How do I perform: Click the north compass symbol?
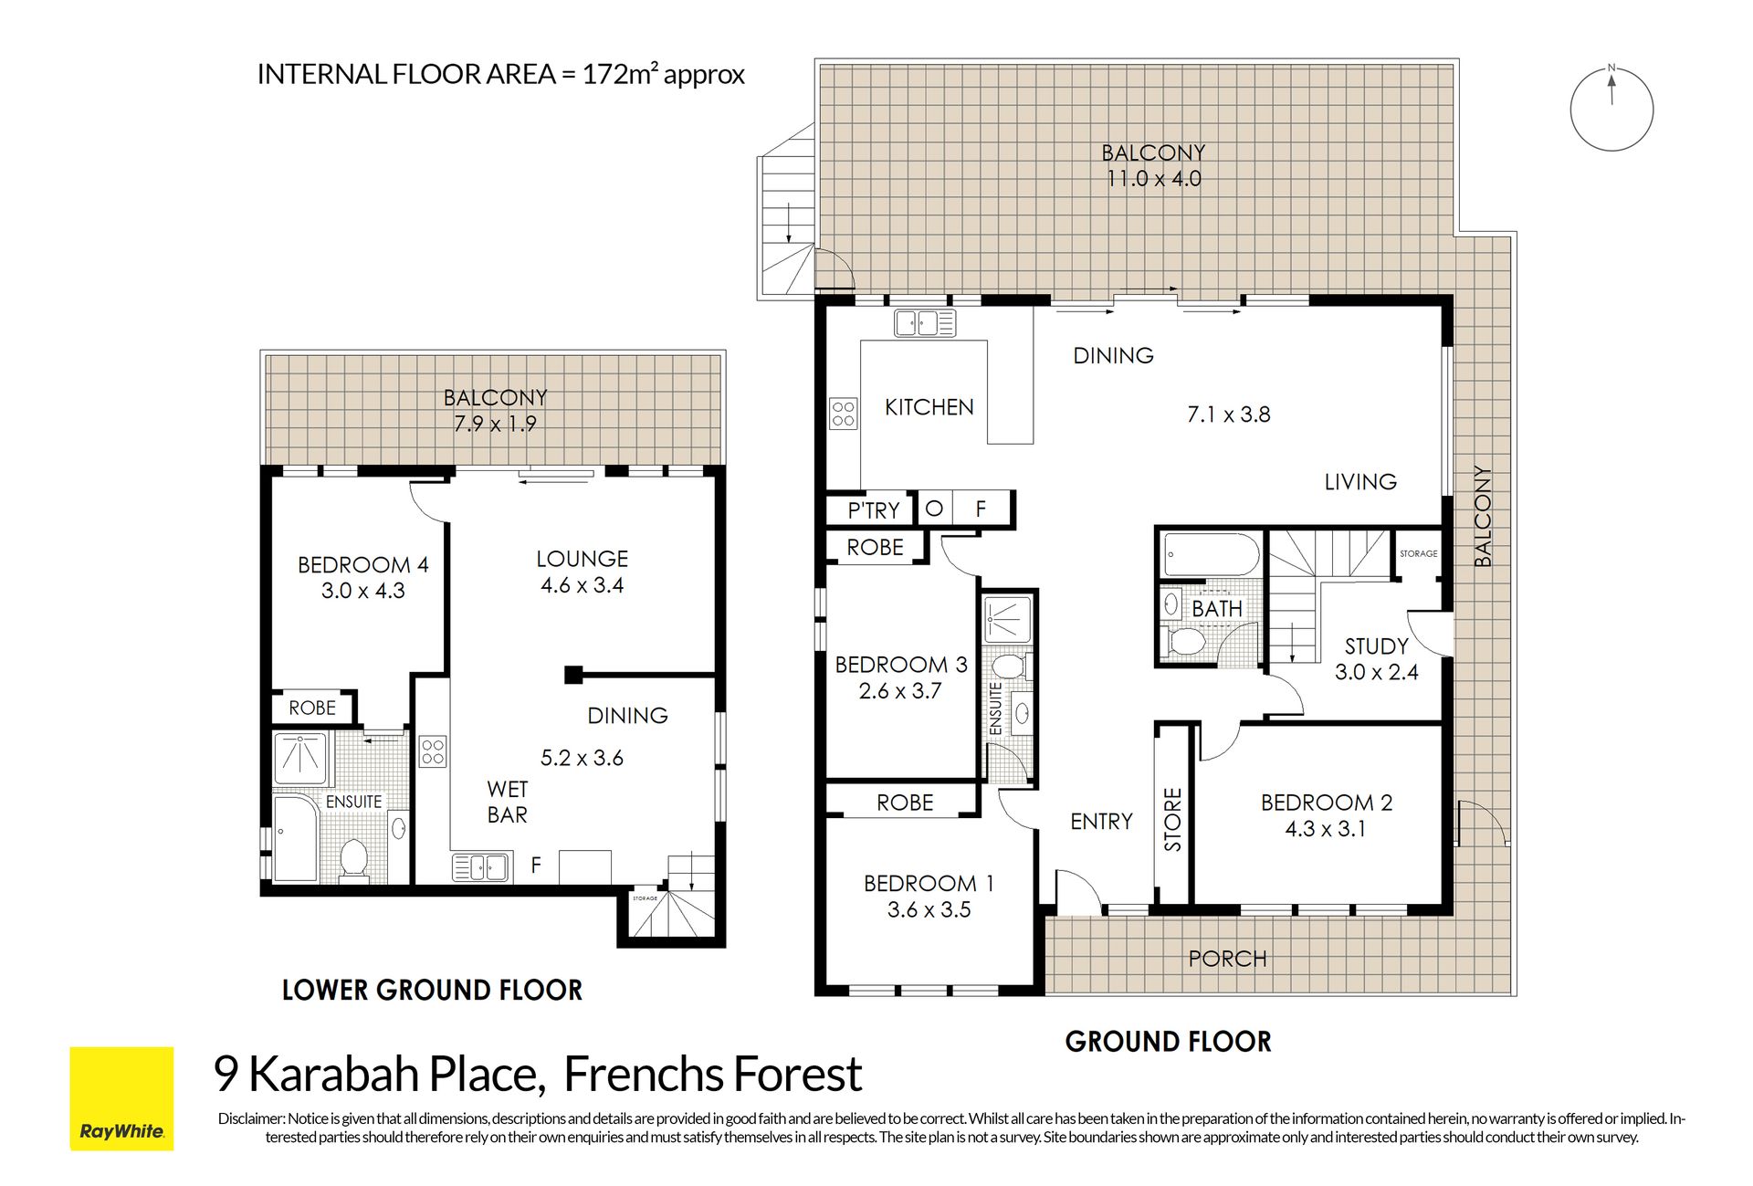point(1611,109)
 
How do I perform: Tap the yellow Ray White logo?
point(121,1098)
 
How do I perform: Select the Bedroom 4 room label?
point(363,565)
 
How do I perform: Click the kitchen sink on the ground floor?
point(925,323)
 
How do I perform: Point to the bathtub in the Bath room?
point(1211,553)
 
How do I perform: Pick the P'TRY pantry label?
point(874,510)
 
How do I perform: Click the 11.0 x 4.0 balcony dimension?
point(1154,179)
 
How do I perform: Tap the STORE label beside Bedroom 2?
point(1173,820)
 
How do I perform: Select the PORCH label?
point(1228,959)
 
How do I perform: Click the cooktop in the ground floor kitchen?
point(844,414)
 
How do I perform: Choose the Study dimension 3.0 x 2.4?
point(1377,673)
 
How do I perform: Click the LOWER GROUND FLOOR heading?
point(432,990)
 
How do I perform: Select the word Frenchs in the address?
point(643,1075)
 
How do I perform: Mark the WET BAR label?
point(508,802)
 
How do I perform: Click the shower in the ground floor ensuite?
point(1008,620)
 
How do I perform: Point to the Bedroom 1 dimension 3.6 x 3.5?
point(929,910)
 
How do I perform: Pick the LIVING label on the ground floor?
point(1360,482)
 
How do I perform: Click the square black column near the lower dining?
point(573,675)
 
